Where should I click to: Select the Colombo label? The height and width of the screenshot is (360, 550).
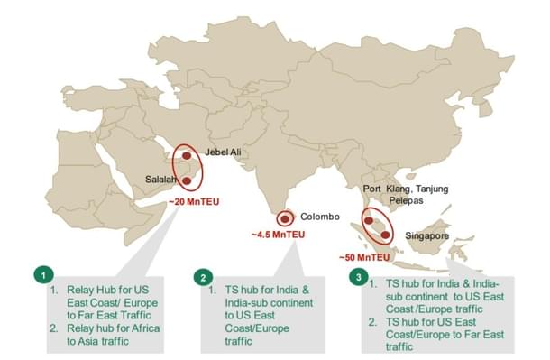tap(319, 217)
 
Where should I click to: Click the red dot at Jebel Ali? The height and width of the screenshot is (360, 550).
tap(188, 155)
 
